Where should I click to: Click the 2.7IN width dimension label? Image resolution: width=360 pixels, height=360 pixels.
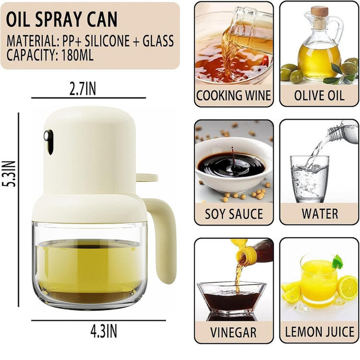tap(83, 89)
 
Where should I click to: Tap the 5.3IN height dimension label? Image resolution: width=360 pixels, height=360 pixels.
tap(10, 174)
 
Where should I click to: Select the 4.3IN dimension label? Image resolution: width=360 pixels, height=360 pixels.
tap(104, 331)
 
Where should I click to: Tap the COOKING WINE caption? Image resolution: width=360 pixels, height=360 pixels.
tap(233, 96)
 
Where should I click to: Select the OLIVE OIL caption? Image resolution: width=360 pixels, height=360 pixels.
tap(319, 96)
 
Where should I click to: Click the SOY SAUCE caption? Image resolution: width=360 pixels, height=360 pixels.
tap(234, 214)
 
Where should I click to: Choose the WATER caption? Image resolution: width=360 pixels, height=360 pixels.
tap(320, 214)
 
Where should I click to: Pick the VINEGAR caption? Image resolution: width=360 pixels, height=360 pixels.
tap(233, 332)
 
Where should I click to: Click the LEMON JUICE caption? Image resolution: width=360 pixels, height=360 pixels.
tap(320, 332)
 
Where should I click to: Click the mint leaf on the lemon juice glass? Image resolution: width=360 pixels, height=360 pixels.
tap(337, 262)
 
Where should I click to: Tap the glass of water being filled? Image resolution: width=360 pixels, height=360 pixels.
tap(310, 179)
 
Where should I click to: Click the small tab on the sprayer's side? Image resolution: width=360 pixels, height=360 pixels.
tap(147, 178)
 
